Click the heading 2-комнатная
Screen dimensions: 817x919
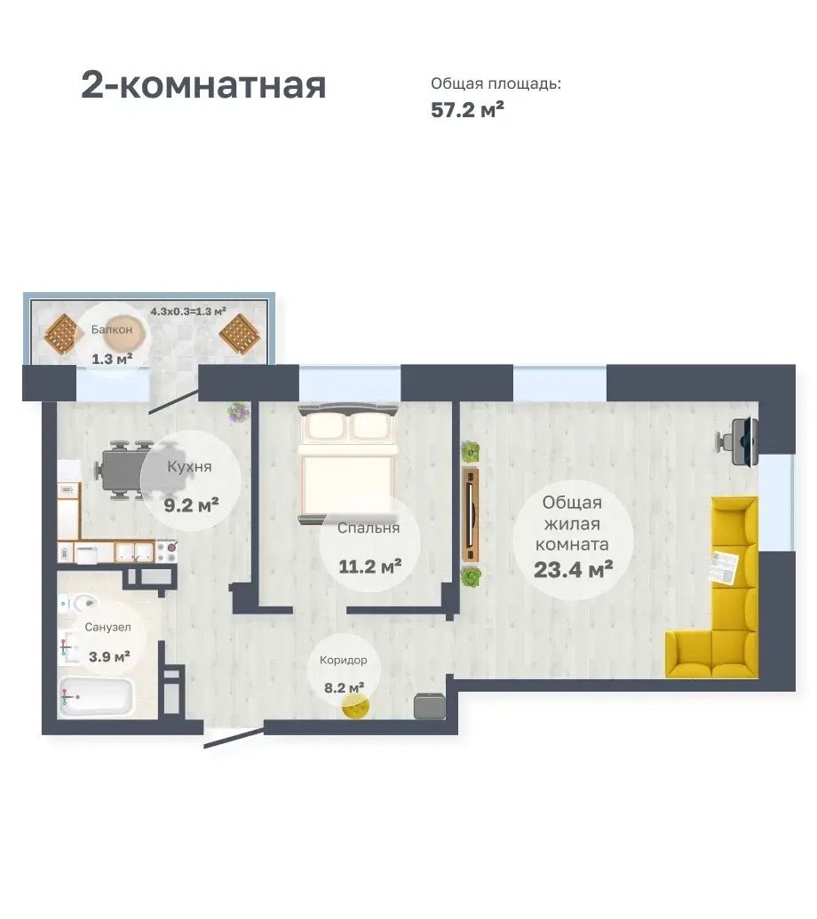point(202,85)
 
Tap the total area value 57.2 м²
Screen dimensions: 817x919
point(467,109)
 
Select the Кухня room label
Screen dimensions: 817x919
point(189,466)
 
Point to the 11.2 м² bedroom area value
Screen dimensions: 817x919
point(369,566)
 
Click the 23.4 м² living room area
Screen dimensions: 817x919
point(573,569)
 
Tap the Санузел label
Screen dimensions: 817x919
point(107,627)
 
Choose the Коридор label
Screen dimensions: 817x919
point(344,661)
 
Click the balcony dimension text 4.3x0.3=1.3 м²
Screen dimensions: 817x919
point(188,312)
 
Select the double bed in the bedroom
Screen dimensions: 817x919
point(348,463)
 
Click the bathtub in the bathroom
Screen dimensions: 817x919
point(96,696)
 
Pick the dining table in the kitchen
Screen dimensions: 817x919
point(124,469)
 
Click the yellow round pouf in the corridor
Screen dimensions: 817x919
point(356,707)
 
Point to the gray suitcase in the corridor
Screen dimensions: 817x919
point(428,706)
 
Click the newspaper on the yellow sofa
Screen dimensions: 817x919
point(725,566)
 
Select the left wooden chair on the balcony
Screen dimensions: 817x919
point(63,334)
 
